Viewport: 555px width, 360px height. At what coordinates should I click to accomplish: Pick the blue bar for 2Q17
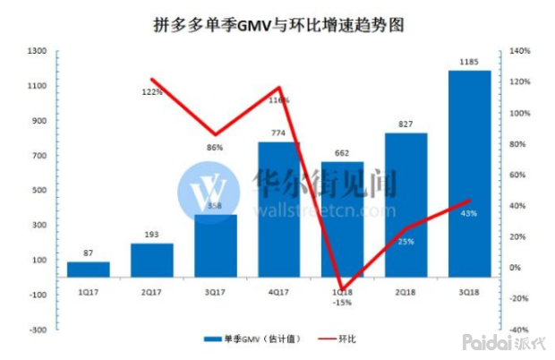pyautogui.click(x=151, y=260)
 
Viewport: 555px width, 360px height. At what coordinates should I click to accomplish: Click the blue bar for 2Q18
pyautogui.click(x=406, y=205)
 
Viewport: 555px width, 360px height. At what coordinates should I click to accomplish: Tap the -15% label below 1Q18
pyautogui.click(x=343, y=302)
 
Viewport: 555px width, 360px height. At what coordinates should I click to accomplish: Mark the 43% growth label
pyautogui.click(x=467, y=213)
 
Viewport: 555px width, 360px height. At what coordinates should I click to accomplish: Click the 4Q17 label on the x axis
pyautogui.click(x=278, y=291)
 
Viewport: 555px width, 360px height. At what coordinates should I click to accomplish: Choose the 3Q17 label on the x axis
pyautogui.click(x=215, y=291)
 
